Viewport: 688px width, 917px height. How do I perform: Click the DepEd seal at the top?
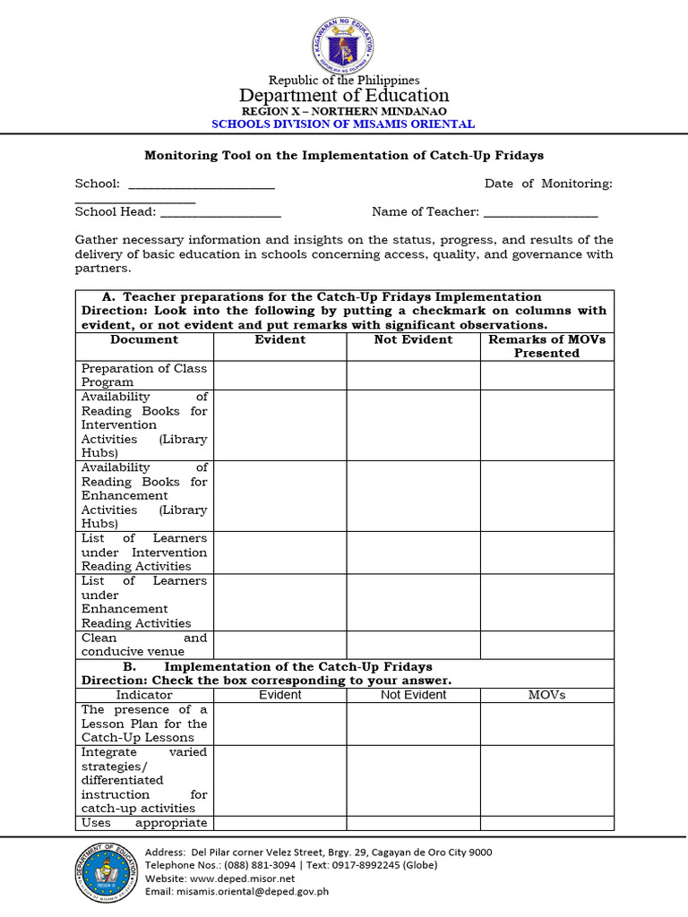[343, 45]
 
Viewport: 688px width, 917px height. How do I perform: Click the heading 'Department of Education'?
[343, 95]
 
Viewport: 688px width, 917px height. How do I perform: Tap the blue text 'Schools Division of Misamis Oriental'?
[343, 124]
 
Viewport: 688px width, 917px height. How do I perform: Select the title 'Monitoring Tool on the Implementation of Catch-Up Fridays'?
[344, 155]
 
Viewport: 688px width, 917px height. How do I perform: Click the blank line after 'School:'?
[202, 184]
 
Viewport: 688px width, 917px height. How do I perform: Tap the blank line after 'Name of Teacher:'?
[540, 213]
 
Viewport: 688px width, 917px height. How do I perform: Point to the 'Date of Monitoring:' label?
[548, 184]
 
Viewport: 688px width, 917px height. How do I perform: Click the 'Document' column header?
[144, 340]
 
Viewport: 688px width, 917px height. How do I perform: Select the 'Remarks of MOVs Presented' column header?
[546, 347]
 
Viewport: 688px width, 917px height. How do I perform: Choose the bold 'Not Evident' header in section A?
[413, 340]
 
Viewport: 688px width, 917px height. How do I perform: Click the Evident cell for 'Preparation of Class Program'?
[279, 375]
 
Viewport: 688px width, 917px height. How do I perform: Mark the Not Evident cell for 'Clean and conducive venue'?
[413, 645]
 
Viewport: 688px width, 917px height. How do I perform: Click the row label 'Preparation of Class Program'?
[144, 375]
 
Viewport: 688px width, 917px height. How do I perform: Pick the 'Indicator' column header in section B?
[144, 695]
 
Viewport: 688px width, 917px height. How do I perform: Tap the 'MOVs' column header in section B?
[546, 695]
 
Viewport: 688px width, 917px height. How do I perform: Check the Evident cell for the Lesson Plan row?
[279, 724]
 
